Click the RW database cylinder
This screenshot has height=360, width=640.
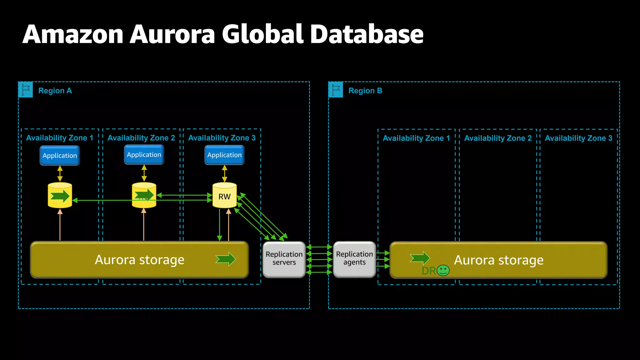click(224, 195)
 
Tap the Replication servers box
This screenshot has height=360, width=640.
click(284, 259)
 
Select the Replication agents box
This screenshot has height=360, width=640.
click(354, 259)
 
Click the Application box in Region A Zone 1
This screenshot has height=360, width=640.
click(60, 156)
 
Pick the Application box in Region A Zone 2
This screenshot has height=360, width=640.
click(144, 155)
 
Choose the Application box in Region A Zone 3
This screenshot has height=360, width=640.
click(224, 155)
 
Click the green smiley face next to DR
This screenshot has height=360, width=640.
click(443, 270)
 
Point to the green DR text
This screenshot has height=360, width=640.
click(428, 271)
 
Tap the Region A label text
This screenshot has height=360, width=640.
click(55, 91)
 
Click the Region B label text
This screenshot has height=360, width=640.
click(365, 91)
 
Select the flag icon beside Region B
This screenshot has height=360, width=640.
click(336, 90)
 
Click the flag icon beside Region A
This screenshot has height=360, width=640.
click(26, 90)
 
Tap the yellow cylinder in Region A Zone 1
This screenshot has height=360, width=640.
click(60, 195)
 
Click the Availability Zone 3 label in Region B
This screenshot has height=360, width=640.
click(578, 138)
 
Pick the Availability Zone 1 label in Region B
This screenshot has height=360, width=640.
click(416, 138)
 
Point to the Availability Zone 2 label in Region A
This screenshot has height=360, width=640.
click(141, 138)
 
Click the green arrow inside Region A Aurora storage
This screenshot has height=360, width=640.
click(226, 259)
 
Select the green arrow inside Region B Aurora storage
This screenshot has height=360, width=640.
click(420, 258)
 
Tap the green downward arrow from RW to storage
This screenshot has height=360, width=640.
click(220, 225)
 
